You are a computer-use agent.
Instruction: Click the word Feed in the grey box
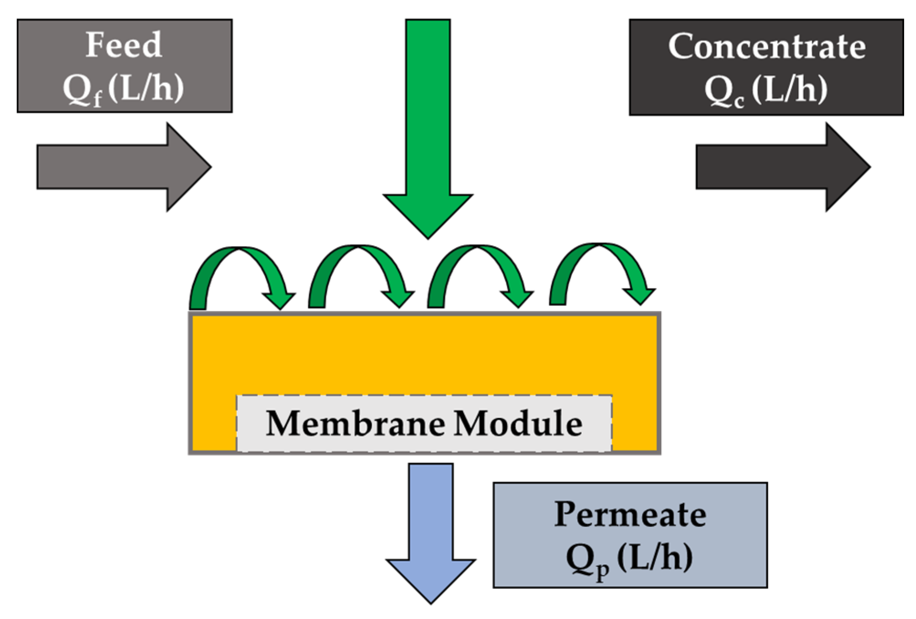(x=124, y=45)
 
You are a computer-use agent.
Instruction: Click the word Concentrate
(x=766, y=47)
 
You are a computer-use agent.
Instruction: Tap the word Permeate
(x=630, y=514)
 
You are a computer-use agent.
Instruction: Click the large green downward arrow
(x=428, y=137)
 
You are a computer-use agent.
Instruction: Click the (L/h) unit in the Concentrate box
(x=790, y=89)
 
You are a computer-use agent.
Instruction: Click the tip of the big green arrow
(x=428, y=235)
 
